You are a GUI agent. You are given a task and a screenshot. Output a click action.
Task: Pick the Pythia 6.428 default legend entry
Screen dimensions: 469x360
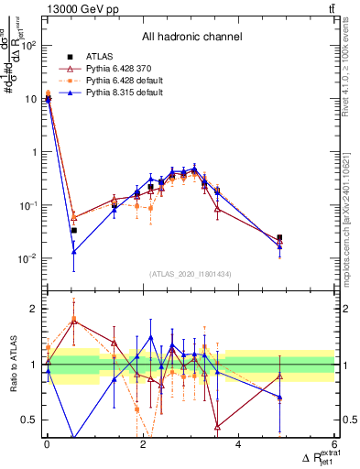[117, 82]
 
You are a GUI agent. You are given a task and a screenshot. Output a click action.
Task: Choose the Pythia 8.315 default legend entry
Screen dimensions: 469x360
[117, 94]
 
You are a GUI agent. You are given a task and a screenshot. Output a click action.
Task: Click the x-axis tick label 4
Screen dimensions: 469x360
[239, 444]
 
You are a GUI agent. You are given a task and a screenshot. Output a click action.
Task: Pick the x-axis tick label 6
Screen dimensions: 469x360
[334, 444]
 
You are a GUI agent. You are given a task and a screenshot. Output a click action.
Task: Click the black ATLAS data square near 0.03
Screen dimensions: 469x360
[73, 231]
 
